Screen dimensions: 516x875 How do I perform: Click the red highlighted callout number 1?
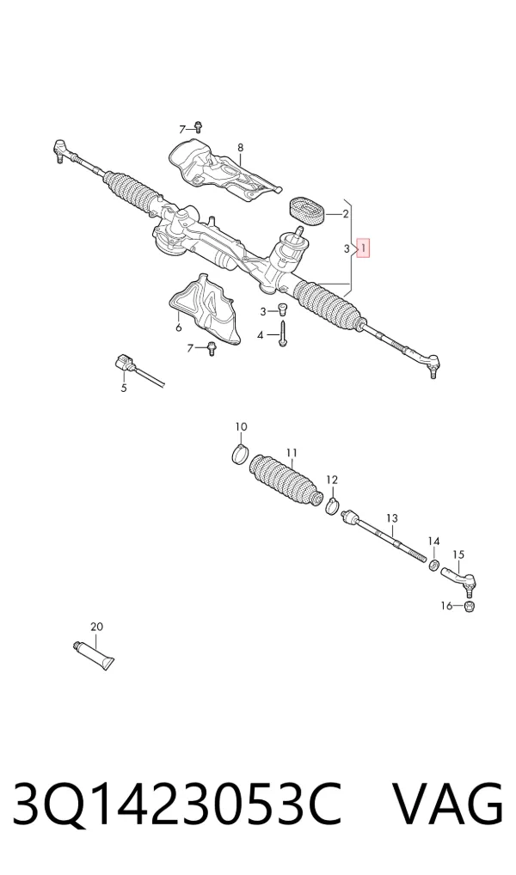pyautogui.click(x=363, y=248)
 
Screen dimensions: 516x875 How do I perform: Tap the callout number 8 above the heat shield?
pyautogui.click(x=240, y=148)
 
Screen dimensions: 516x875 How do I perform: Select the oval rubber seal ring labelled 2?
pyautogui.click(x=307, y=212)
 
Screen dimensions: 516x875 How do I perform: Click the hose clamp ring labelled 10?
pyautogui.click(x=240, y=454)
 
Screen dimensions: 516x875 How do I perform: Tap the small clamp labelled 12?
pyautogui.click(x=333, y=505)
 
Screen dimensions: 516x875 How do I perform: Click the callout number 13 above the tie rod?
pyautogui.click(x=392, y=519)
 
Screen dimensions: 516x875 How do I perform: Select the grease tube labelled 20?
pyautogui.click(x=93, y=656)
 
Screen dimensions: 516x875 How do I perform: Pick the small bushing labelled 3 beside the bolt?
pyautogui.click(x=282, y=309)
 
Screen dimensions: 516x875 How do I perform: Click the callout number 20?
pyautogui.click(x=96, y=627)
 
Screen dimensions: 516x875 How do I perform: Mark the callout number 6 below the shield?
pyautogui.click(x=179, y=327)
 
